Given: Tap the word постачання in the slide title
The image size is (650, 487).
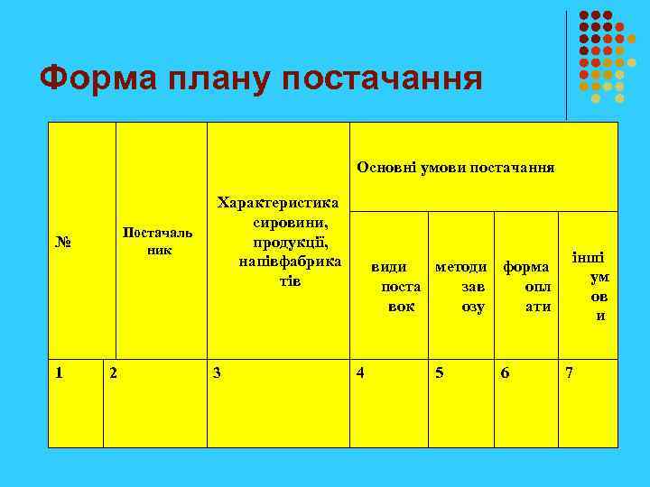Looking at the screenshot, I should tap(383, 78).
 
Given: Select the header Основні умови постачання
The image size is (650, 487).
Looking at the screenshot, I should tap(456, 168).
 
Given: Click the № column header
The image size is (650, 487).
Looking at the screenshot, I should tap(63, 243).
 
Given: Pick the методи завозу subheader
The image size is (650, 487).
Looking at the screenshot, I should tap(460, 287).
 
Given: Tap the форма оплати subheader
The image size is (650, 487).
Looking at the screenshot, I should tap(526, 287).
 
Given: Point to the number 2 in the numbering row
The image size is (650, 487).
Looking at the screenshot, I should tap(112, 372).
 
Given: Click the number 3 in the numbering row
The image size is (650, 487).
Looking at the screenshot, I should tap(216, 372).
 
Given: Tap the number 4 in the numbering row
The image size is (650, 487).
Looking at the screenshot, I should tap(361, 372).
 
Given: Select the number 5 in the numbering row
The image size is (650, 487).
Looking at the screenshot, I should tap(439, 372).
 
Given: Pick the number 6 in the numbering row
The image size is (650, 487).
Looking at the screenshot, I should tap(504, 372).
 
